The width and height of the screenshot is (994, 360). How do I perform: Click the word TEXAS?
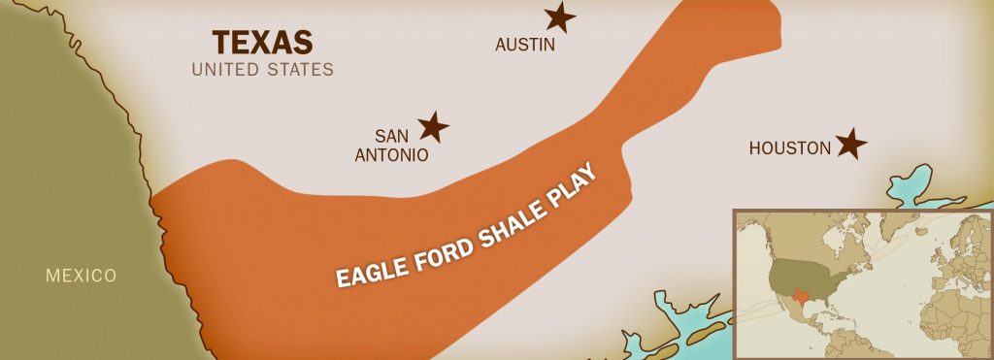(262, 43)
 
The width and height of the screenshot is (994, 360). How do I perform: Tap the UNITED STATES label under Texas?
(262, 70)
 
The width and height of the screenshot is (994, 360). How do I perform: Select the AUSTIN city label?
(524, 45)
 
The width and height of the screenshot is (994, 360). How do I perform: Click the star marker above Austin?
(558, 16)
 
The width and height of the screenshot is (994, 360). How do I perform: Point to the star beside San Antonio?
(433, 126)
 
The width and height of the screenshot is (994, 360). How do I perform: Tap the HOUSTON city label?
(790, 148)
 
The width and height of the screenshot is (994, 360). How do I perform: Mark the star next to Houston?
(851, 145)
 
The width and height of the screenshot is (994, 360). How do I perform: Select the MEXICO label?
(81, 276)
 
